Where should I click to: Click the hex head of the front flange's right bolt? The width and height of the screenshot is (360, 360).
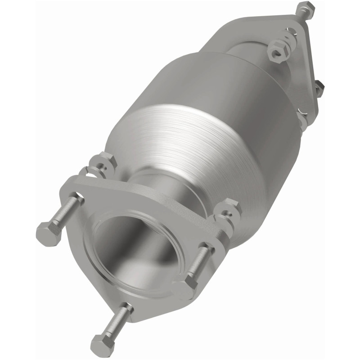[x=186, y=288]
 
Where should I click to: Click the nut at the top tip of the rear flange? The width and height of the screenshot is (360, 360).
[x=306, y=9]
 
